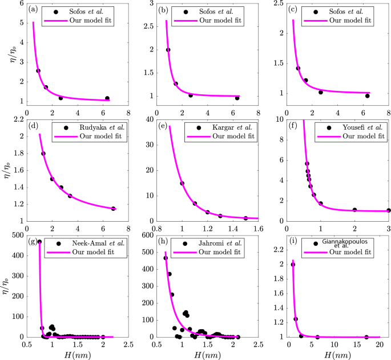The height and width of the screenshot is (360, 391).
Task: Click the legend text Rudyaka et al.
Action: [x=90, y=127]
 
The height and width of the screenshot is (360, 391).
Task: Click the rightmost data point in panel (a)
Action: [x=107, y=98]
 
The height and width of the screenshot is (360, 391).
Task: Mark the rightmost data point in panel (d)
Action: [x=114, y=209]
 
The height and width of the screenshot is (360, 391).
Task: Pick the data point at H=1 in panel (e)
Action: [x=182, y=183]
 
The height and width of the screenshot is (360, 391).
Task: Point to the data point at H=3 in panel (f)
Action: [x=388, y=210]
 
